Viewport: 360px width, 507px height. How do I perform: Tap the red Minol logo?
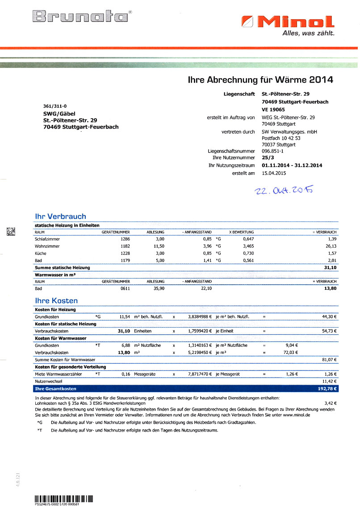288,21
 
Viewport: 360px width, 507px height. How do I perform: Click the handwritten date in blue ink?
283,191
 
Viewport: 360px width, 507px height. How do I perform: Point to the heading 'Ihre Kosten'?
56,301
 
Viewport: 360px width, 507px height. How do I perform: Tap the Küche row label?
40,253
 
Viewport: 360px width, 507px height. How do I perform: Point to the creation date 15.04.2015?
274,173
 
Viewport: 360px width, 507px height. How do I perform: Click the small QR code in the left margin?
11,231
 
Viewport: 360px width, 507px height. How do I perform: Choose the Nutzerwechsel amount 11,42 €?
328,382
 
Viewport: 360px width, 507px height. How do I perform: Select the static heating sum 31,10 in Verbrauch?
330,267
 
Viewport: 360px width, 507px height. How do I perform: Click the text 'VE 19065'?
273,109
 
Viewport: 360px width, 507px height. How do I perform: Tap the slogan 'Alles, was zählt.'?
309,33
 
